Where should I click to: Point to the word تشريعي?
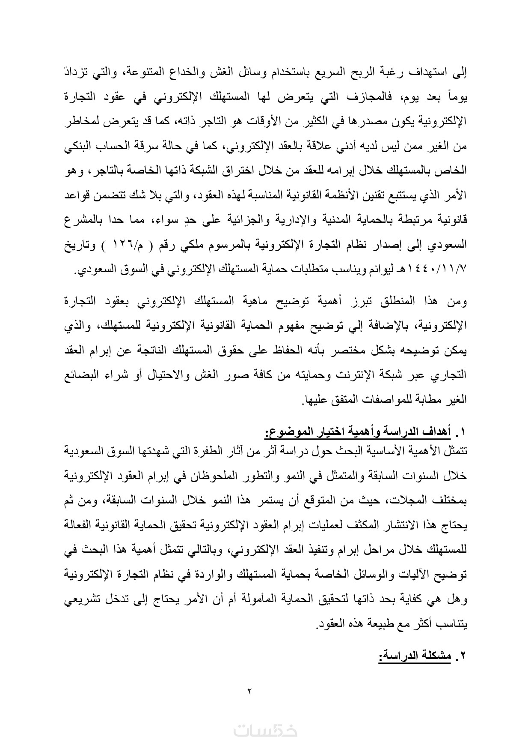[81, 601]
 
